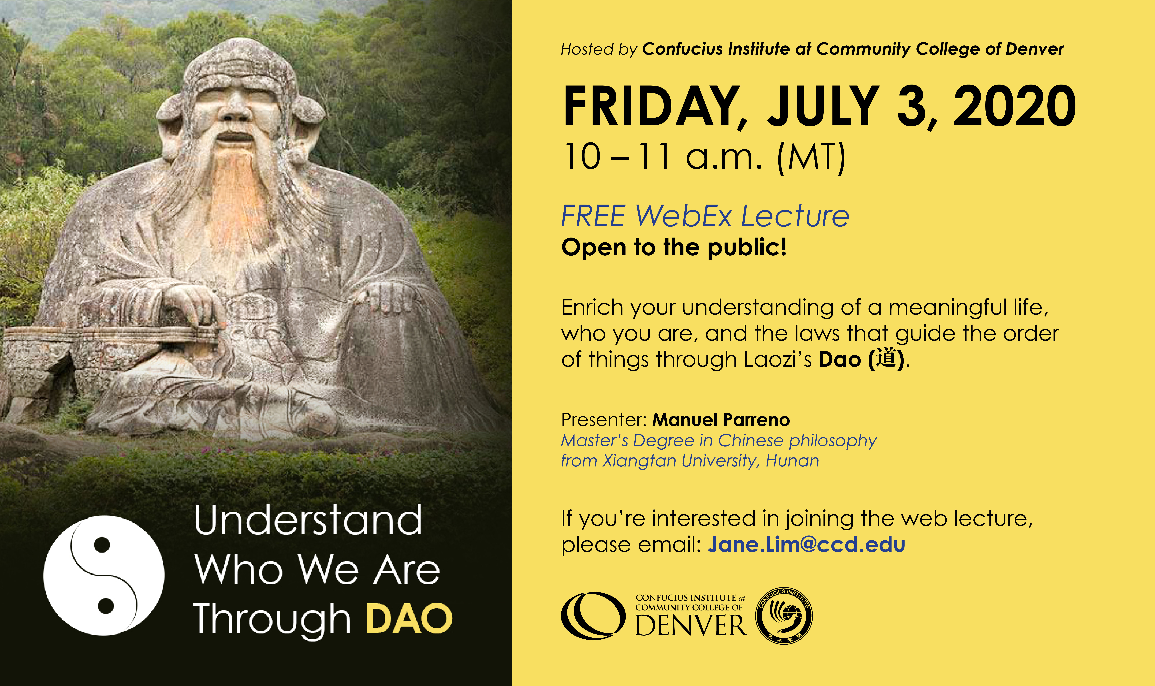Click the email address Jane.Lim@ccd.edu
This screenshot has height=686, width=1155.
(807, 545)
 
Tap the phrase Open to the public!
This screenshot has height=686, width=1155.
(674, 247)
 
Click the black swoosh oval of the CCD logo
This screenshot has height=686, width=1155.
(593, 616)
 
